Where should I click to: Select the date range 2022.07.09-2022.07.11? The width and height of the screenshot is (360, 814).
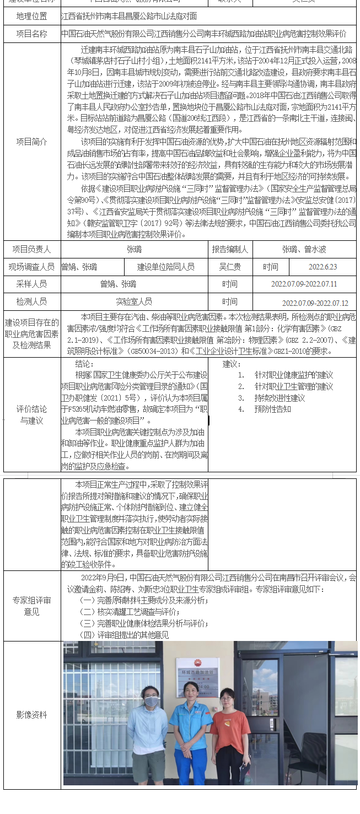pyautogui.click(x=304, y=284)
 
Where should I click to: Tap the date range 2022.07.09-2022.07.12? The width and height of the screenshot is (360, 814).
pyautogui.click(x=315, y=303)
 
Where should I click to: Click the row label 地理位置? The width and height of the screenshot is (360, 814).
pyautogui.click(x=31, y=17)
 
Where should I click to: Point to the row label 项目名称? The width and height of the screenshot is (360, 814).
pyautogui.click(x=31, y=34)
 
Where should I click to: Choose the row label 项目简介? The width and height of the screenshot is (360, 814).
pyautogui.click(x=31, y=142)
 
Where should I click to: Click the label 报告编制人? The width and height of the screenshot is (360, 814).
pyautogui.click(x=230, y=250)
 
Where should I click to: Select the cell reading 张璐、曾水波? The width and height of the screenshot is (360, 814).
pyautogui.click(x=304, y=250)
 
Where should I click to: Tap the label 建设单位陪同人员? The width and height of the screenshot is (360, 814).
pyautogui.click(x=166, y=267)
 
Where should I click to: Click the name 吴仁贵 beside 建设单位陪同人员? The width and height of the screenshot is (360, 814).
pyautogui.click(x=230, y=267)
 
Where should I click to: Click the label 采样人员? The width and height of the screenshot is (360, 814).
pyautogui.click(x=31, y=284)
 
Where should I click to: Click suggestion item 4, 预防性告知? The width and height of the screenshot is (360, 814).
pyautogui.click(x=272, y=409)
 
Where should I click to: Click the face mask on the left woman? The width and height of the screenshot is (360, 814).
pyautogui.click(x=151, y=701)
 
